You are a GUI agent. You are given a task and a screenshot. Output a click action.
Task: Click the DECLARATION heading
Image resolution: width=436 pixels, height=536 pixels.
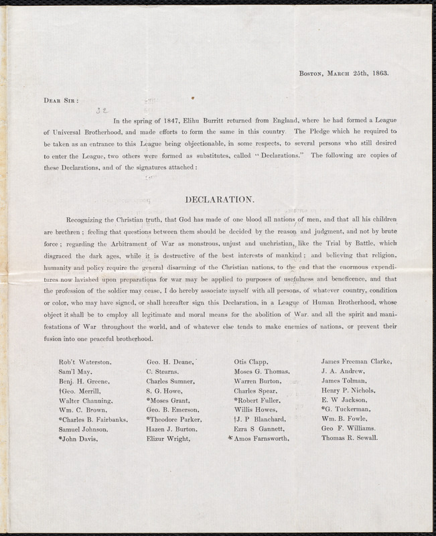click(218, 199)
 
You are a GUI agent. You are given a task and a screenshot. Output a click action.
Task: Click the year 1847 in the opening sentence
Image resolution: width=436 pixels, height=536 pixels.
click(176, 121)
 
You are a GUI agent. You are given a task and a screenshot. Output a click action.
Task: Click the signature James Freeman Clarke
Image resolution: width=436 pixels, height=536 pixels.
click(356, 361)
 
